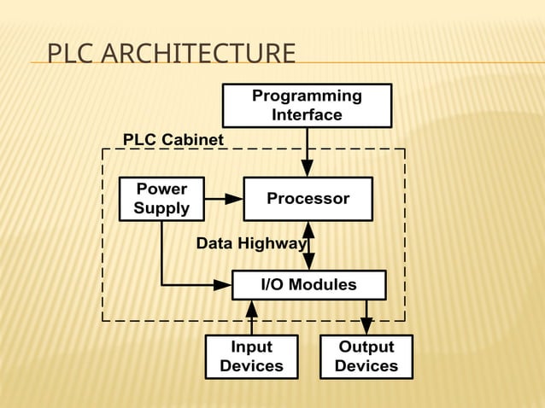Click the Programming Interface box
(307, 105)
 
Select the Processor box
(308, 199)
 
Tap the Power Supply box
(161, 199)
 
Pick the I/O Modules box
(308, 285)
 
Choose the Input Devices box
(251, 356)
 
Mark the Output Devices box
(366, 356)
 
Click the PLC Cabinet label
(173, 139)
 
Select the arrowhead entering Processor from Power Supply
(234, 199)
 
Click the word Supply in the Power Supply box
(161, 208)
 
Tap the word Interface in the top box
(307, 114)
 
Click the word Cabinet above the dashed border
(196, 139)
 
